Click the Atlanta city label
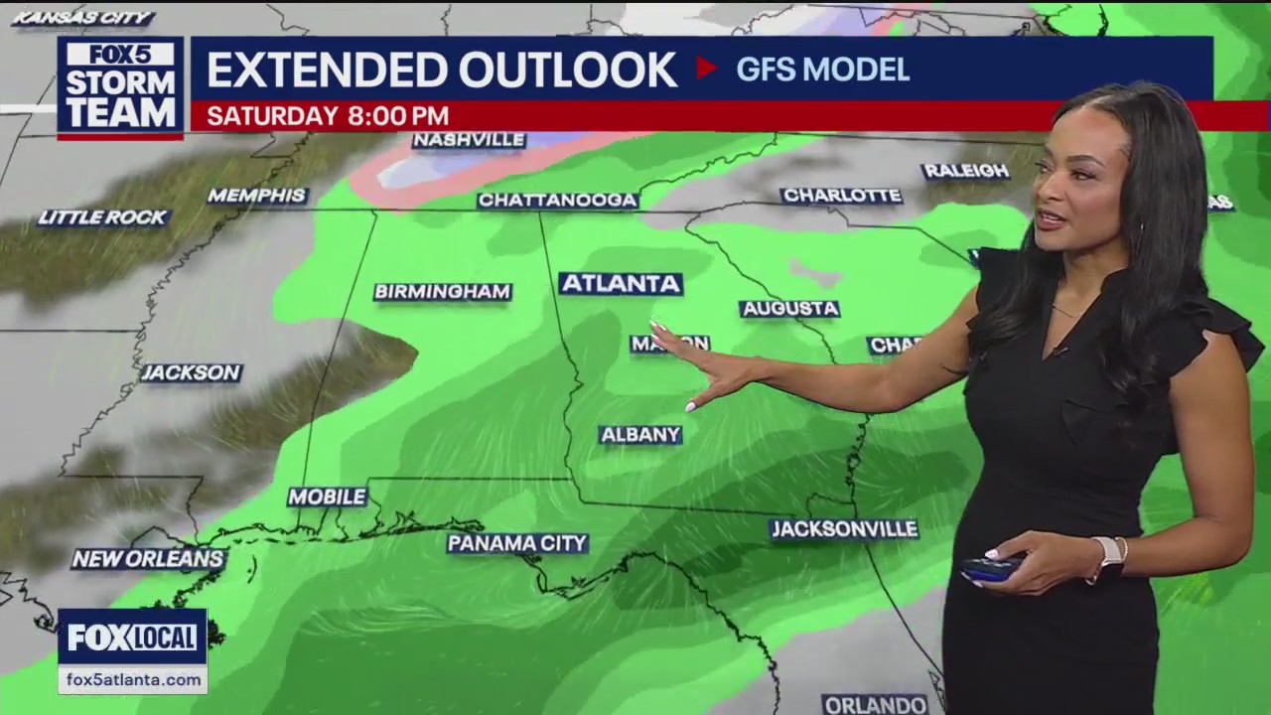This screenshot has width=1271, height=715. coord(621,284)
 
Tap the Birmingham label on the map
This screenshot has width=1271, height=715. coord(443,292)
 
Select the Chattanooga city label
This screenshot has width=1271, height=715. coord(557,201)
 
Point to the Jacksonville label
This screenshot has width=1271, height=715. coord(844,529)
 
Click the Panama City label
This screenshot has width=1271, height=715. coord(517,543)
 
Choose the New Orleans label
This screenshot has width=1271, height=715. coord(148,559)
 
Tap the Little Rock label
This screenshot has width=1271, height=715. coord(103,217)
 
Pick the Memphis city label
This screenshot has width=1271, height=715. coord(257,196)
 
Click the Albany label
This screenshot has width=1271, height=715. coord(640,435)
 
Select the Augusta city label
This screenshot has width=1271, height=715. coord(789,309)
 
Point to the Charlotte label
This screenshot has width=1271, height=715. coord(841,196)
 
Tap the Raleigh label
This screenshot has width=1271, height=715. coord(965,171)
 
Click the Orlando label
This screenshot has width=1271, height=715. coord(875,704)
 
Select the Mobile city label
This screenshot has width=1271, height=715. coord(327,497)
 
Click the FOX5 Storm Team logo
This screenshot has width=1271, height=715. coord(120,87)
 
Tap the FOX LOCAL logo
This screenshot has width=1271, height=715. coord(132,638)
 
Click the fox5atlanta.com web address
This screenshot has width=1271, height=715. coord(132,680)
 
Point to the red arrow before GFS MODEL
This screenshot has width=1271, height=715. coord(706,69)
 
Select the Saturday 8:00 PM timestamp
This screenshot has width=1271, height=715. coord(328,116)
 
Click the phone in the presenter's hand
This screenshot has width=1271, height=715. coord(990,569)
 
